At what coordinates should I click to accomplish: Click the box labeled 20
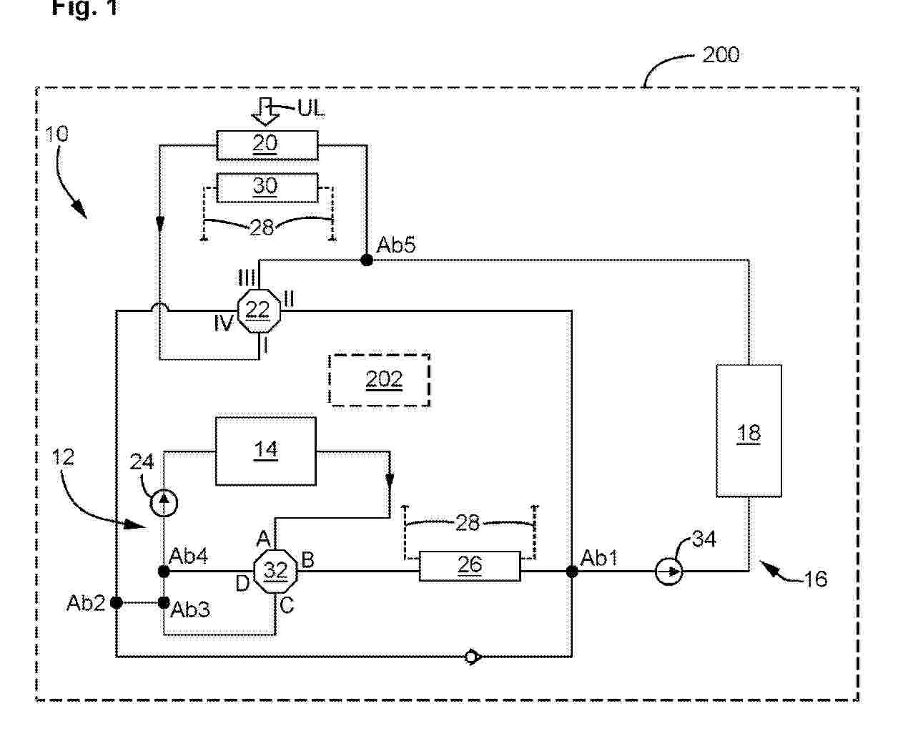point(266,145)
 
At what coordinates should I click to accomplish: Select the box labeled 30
point(266,187)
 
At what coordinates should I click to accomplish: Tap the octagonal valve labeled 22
point(258,310)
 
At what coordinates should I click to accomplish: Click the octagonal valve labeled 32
point(276,571)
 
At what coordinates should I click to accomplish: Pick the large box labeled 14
point(265,451)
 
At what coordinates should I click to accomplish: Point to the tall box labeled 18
point(749,431)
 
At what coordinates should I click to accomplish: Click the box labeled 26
point(469,566)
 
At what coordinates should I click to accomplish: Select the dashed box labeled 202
point(380,380)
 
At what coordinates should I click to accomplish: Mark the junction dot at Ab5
point(367,260)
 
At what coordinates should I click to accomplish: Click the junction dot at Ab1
point(571,571)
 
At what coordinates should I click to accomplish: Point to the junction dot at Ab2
point(116,603)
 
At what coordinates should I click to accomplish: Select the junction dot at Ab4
point(164,571)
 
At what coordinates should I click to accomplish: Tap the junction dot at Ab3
point(164,603)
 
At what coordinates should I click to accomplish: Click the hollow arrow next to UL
point(265,112)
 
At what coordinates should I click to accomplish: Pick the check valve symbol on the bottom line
point(472,656)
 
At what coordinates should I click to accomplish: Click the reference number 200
point(720,55)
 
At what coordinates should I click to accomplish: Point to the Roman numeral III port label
point(247,277)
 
